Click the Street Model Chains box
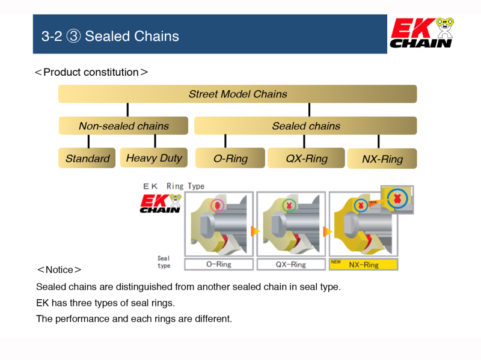[237, 94]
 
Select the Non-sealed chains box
[123, 126]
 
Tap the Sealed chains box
[305, 126]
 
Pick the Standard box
[87, 159]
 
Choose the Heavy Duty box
[154, 158]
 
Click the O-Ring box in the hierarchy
[230, 159]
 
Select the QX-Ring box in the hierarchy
[306, 159]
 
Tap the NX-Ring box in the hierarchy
[382, 159]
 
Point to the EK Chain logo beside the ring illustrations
[160, 203]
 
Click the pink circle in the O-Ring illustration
[217, 206]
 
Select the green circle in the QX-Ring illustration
[289, 206]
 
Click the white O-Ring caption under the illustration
[218, 264]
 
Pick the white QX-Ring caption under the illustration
[290, 264]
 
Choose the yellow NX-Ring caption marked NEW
[363, 264]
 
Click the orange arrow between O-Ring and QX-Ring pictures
[255, 231]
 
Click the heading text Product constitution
[91, 72]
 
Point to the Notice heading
[59, 269]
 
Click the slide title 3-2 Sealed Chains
[110, 36]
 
